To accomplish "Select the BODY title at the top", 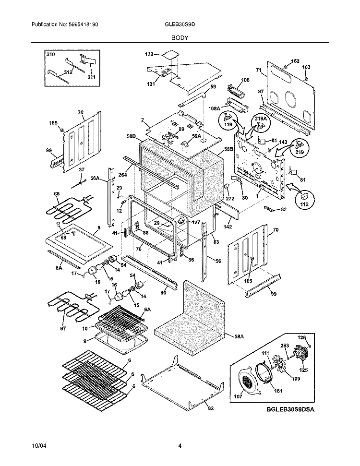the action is (x=180, y=38).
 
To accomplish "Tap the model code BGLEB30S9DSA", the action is (x=290, y=409).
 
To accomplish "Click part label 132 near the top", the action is (x=149, y=54).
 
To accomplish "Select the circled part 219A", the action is (x=261, y=122).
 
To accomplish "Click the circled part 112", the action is (x=304, y=199).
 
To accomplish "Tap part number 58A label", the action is (x=239, y=336).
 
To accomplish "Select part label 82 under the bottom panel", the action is (x=210, y=408).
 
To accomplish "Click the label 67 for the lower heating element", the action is (x=63, y=328).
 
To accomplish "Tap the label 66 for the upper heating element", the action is (x=57, y=194).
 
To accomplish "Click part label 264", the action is (x=122, y=175).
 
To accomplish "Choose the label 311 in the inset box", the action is (x=91, y=77).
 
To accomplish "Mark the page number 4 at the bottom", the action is (x=180, y=446).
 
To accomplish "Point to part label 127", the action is (x=196, y=222).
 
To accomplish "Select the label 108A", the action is (x=215, y=109).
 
